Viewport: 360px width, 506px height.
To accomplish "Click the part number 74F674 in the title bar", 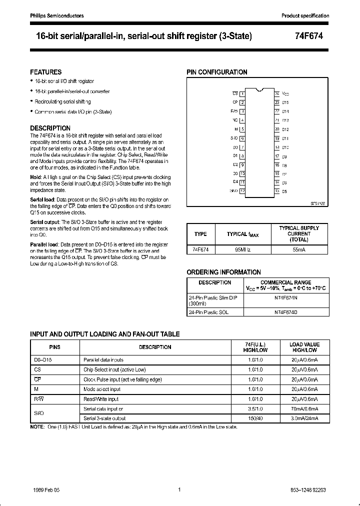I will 314,36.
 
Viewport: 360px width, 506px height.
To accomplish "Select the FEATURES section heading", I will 46,72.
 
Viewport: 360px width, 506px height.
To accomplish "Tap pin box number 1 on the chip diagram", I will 242,93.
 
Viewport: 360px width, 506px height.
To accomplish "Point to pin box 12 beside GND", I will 242,191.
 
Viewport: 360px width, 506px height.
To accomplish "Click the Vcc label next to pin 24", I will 285,93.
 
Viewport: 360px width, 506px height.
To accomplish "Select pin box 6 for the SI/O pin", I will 242,138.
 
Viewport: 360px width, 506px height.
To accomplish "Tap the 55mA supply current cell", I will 299,248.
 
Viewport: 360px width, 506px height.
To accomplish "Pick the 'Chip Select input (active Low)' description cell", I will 114,369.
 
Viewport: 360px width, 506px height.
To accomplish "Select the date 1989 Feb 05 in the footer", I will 45,490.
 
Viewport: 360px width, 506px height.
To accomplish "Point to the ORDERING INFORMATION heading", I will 223,272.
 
